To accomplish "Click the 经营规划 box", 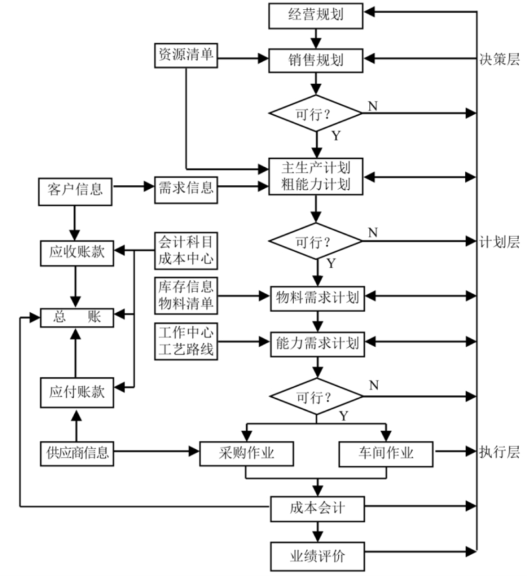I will [316, 15].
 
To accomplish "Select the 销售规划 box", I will [316, 58].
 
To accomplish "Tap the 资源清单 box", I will [186, 55].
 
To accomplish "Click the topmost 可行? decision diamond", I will [316, 113].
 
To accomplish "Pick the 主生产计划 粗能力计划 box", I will [316, 176].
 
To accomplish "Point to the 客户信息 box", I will [76, 190].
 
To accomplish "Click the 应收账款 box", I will [77, 252].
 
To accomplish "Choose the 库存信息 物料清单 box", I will [186, 295].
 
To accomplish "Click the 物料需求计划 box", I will [317, 298].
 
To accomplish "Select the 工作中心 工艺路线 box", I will [186, 342].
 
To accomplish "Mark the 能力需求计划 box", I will [317, 343].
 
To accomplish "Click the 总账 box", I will [77, 317].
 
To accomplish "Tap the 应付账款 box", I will [77, 393].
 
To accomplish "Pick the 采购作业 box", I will [246, 453].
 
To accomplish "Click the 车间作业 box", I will [386, 453].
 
